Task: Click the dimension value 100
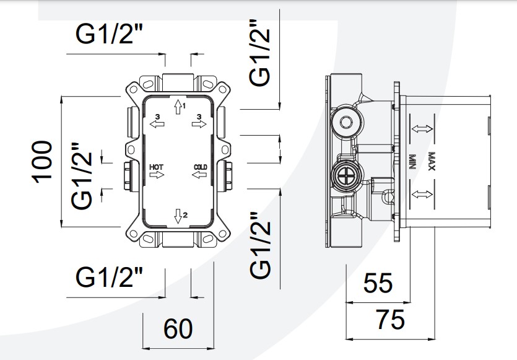pos(42,162)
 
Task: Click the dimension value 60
pos(178,328)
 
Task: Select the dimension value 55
pos(378,283)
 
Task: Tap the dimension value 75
pos(390,319)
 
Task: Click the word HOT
pos(156,167)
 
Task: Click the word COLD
pos(200,167)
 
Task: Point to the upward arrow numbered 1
pos(178,107)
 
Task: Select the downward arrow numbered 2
pos(178,216)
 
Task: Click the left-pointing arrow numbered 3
pos(157,124)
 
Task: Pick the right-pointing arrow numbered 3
pos(199,124)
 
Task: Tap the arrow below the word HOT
pos(157,175)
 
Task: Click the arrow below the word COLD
pos(199,175)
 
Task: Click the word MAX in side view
pos(431,161)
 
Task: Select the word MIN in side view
pos(412,161)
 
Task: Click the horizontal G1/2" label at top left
pos(110,33)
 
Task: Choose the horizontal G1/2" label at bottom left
pos(110,278)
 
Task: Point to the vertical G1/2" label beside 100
pos(82,176)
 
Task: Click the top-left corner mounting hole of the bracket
pos(134,89)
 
